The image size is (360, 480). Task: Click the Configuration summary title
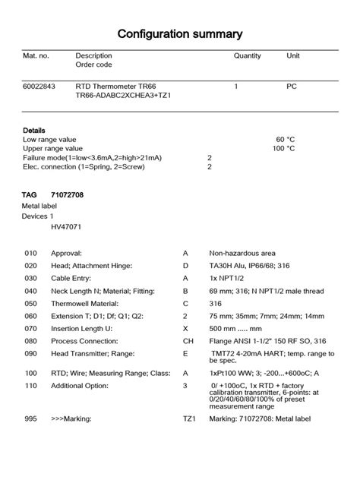tap(180, 33)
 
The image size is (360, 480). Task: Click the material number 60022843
tap(39, 87)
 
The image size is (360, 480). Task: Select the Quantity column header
tap(247, 55)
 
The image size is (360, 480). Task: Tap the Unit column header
tap(292, 55)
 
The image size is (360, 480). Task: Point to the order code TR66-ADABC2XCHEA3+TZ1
tap(123, 96)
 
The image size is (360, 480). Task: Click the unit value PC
tap(291, 87)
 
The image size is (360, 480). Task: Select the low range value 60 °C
tap(285, 140)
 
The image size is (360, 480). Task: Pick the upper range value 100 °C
tap(283, 149)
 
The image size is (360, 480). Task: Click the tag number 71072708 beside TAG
tap(67, 196)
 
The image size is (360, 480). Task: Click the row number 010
tap(30, 252)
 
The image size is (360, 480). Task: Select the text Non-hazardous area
tap(242, 252)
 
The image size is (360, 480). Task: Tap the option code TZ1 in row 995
tap(189, 418)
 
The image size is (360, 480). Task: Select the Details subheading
tap(34, 130)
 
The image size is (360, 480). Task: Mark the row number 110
tap(30, 386)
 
